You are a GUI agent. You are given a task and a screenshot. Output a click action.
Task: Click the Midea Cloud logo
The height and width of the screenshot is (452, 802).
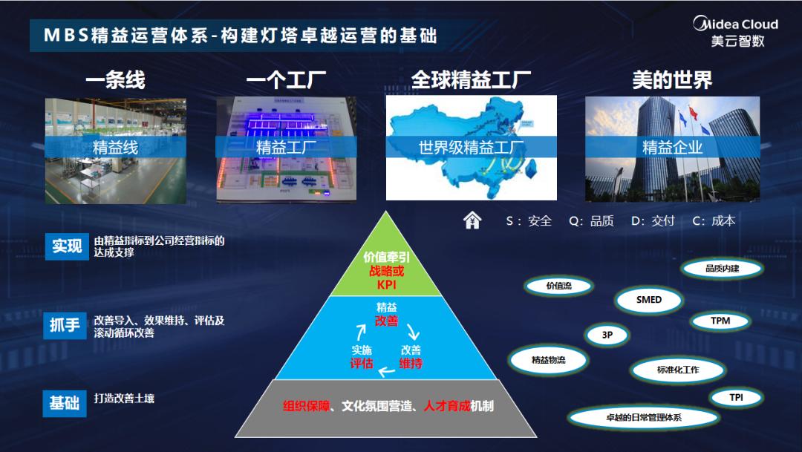pyautogui.click(x=736, y=31)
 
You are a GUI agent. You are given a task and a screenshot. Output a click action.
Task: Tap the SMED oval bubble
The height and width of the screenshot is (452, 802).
pyautogui.click(x=648, y=300)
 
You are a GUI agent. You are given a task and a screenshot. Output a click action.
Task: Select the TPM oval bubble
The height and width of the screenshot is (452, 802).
pyautogui.click(x=720, y=321)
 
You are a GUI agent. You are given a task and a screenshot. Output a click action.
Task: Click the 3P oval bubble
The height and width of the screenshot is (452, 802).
pyautogui.click(x=607, y=335)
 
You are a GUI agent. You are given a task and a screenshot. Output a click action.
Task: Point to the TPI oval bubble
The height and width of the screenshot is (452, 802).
pyautogui.click(x=735, y=397)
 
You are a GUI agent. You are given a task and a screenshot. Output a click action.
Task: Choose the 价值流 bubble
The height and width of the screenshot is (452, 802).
pyautogui.click(x=558, y=285)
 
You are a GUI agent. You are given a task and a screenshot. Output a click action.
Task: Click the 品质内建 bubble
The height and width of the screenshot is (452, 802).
pyautogui.click(x=722, y=268)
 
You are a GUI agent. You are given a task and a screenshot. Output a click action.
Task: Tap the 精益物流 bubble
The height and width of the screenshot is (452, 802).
pyautogui.click(x=548, y=359)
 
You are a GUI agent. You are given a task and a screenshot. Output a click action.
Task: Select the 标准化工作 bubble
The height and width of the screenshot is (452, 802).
pyautogui.click(x=677, y=369)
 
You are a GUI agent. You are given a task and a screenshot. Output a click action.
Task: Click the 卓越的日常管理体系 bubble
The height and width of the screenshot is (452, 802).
pyautogui.click(x=643, y=417)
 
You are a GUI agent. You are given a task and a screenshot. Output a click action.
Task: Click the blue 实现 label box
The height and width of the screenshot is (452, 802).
pyautogui.click(x=66, y=246)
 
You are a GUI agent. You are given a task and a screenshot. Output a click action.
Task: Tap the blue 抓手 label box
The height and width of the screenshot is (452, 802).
pyautogui.click(x=66, y=325)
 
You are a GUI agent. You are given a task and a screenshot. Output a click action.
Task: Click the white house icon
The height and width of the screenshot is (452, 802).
pyautogui.click(x=472, y=220)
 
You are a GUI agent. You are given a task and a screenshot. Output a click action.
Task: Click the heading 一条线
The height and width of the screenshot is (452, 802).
pyautogui.click(x=115, y=80)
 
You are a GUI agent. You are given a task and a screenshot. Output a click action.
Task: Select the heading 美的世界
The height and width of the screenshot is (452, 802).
pyautogui.click(x=672, y=80)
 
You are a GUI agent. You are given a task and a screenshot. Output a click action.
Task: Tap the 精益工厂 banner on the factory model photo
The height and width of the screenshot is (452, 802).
pyautogui.click(x=286, y=147)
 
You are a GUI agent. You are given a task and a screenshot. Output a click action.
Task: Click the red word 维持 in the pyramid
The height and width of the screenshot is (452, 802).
pyautogui.click(x=411, y=364)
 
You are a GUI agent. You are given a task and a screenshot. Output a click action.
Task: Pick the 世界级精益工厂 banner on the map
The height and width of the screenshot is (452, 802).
pyautogui.click(x=472, y=147)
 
